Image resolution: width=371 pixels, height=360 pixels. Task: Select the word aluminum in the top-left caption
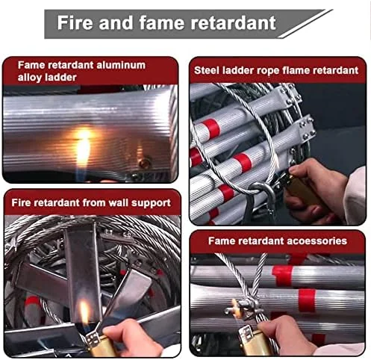coord(121,65)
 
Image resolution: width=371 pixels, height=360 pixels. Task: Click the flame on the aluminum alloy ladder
coord(83,147)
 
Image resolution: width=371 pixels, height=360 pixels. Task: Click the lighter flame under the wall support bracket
coord(84,311)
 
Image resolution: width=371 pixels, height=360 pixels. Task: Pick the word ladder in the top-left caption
coord(60,78)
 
